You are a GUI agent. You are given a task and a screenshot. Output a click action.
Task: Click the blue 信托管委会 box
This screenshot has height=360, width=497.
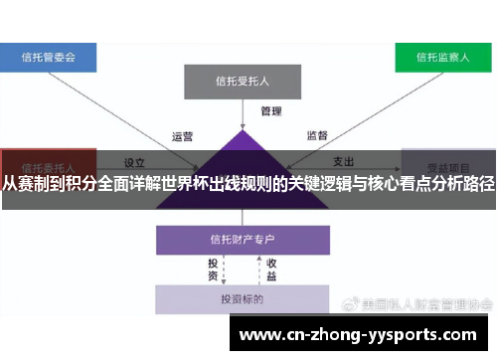click(49, 58)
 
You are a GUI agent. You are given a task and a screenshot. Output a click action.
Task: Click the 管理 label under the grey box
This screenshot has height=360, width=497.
click(271, 110)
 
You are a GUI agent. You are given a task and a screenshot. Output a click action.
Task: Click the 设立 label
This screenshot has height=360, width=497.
click(134, 162)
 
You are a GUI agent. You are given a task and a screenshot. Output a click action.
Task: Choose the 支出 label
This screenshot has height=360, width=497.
click(343, 162)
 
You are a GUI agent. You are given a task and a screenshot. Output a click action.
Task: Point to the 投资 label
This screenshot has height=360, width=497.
click(213, 269)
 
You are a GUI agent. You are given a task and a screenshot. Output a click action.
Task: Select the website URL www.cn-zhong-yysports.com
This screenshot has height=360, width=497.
click(359, 335)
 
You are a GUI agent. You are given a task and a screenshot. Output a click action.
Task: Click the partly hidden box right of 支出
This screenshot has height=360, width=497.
click(447, 161)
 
